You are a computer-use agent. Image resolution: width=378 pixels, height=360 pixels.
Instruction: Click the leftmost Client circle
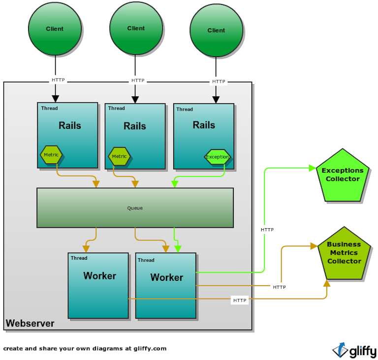[55, 29]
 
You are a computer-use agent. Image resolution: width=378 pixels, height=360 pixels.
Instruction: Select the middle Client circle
[136, 29]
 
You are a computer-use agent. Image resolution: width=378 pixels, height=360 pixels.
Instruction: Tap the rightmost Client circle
[216, 30]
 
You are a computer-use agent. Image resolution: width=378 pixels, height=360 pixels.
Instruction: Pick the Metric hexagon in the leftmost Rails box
[51, 155]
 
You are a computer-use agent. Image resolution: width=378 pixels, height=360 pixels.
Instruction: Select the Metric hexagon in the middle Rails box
[119, 157]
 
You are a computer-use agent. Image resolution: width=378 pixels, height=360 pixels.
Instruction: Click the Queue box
[135, 208]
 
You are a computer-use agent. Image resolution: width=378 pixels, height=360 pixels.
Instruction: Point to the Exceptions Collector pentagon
[343, 176]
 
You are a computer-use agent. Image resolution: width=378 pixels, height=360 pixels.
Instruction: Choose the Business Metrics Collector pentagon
[344, 253]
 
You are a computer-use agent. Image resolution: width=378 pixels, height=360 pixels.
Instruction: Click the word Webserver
[30, 324]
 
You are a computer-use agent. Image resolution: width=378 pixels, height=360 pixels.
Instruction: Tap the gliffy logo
[354, 351]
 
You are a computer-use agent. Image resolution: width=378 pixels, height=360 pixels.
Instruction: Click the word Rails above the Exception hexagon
[204, 125]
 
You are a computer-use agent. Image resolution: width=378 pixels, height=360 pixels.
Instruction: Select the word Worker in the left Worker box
[100, 276]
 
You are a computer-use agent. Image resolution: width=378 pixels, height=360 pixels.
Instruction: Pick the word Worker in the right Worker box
[167, 278]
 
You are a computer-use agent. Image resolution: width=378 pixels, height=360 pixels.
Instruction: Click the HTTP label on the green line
[267, 230]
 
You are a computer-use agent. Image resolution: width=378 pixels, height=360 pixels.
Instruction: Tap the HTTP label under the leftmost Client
[58, 80]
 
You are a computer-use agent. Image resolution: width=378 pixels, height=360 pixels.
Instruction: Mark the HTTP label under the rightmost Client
[219, 82]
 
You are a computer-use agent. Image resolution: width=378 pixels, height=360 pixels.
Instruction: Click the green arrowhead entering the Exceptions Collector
[312, 168]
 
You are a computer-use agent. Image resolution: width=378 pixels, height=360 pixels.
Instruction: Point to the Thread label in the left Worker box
[79, 258]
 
